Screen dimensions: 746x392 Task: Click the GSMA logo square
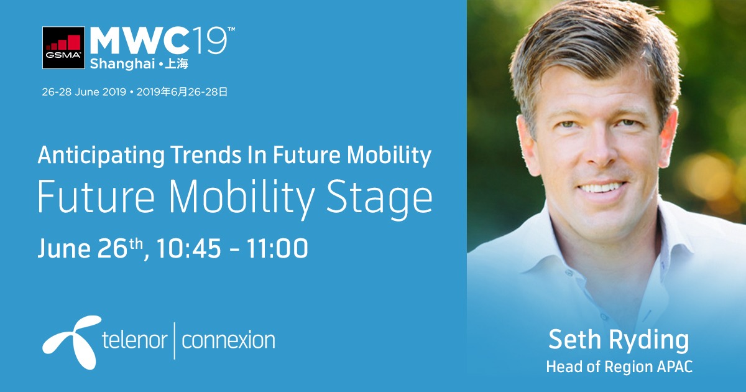[63, 48]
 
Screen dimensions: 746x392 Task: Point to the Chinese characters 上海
[177, 63]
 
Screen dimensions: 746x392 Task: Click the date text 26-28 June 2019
[84, 92]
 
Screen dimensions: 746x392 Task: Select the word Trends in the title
[206, 155]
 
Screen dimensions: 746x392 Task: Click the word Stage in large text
[379, 198]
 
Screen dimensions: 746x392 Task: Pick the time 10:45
[188, 248]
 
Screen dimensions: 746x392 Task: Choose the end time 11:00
[277, 248]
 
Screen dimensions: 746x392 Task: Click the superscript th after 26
[136, 244]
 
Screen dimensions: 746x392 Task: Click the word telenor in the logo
[134, 340]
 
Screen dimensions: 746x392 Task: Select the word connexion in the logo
[229, 340]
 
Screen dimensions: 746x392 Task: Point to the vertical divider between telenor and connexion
[175, 341]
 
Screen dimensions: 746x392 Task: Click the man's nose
[600, 150]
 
